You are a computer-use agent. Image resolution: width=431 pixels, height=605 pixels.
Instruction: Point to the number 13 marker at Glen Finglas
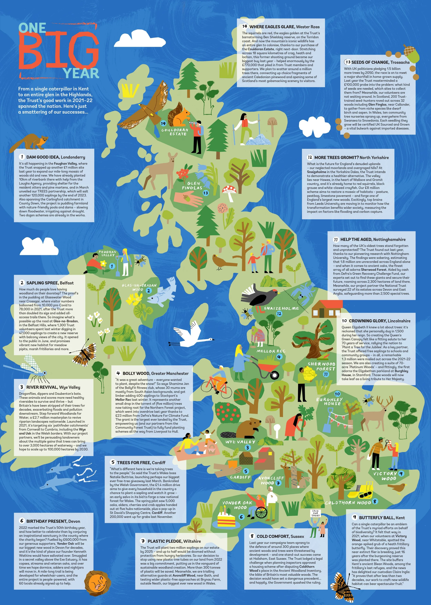point(206,193)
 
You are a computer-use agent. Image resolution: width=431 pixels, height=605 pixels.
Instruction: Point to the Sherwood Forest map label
point(321,366)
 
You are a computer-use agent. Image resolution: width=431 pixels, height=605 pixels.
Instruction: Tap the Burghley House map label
point(329,401)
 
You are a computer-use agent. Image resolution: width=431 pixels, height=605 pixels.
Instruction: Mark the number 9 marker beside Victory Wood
point(401,474)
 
